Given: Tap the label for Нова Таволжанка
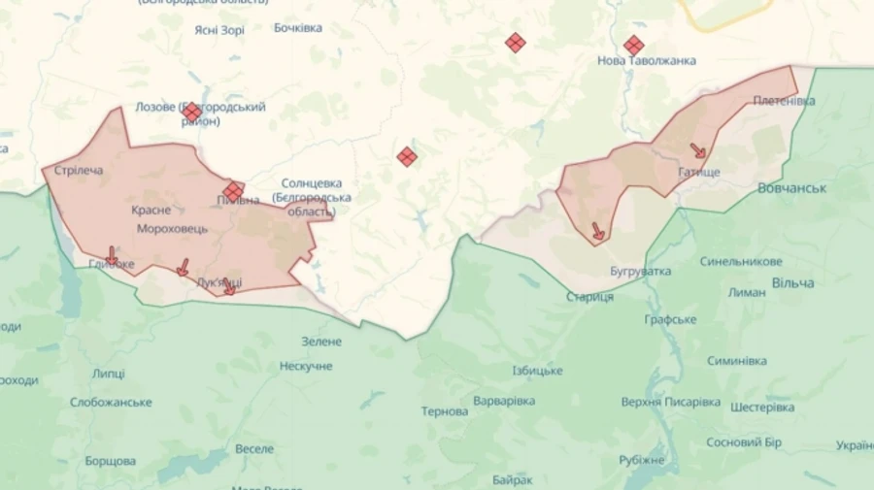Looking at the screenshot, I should tap(647, 61).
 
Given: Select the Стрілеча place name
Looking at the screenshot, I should tap(79, 171).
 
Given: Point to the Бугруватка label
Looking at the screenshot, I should tap(641, 271).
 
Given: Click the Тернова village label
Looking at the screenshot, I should tap(445, 411).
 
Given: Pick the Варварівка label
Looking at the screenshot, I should tap(504, 401).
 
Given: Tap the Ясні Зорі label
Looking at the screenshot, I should tap(218, 30).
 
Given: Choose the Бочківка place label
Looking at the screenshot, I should tap(298, 27).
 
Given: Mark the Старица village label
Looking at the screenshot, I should tap(590, 296).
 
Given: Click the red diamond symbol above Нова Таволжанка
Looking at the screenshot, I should tap(633, 45).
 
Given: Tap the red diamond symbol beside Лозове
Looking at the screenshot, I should tap(192, 113).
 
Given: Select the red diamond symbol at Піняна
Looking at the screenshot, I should tap(233, 191).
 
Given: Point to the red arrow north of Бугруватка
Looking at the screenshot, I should tap(598, 231).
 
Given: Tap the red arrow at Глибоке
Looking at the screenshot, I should tap(112, 255).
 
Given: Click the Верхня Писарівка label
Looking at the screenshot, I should tap(671, 402).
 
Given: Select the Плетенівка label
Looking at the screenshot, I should tap(776, 101).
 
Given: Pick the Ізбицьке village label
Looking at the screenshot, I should tap(537, 371).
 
